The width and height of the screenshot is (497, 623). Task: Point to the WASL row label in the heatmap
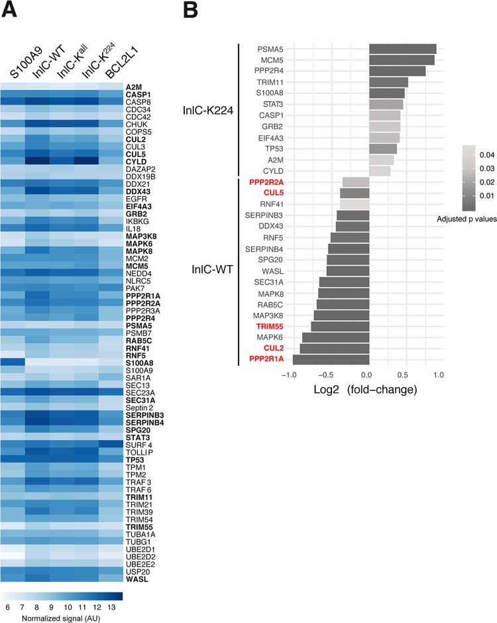137,579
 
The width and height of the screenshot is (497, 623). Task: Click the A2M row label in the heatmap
135,87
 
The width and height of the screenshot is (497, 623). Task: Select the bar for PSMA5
402,48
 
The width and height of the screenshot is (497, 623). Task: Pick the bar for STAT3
386,104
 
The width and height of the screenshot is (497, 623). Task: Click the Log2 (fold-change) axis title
364,390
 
